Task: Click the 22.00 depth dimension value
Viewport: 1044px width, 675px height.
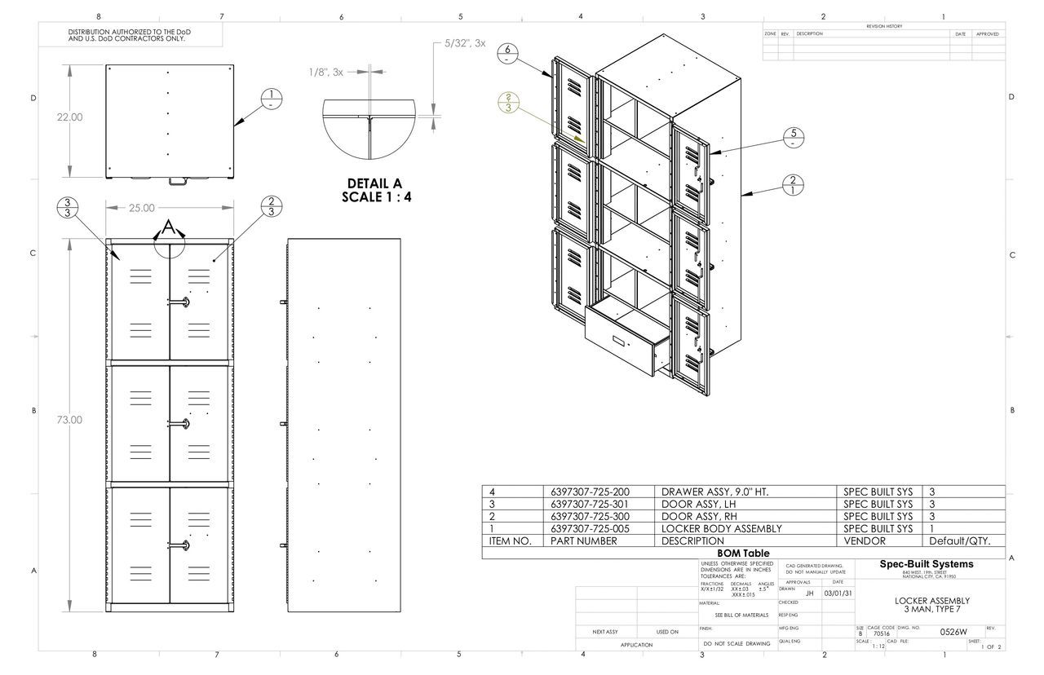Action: click(x=69, y=117)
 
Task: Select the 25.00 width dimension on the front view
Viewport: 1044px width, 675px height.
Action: click(x=141, y=208)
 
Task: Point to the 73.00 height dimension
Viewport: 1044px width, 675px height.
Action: click(x=69, y=420)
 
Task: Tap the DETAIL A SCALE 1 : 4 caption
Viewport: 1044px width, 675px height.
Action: click(x=374, y=190)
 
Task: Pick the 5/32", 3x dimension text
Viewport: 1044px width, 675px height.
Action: click(x=465, y=43)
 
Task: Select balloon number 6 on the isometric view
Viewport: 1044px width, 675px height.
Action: click(x=507, y=53)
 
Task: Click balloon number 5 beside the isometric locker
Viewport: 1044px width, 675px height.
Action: click(x=794, y=139)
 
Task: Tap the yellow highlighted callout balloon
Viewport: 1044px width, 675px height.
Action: click(x=509, y=102)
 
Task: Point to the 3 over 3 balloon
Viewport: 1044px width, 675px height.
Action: click(x=69, y=208)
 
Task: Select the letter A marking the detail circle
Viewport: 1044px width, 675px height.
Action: click(x=169, y=227)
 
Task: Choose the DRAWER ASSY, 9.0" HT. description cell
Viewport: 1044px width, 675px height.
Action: click(x=714, y=492)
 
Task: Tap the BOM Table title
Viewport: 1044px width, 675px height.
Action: click(x=744, y=554)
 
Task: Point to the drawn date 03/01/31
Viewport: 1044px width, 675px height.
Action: click(x=838, y=593)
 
